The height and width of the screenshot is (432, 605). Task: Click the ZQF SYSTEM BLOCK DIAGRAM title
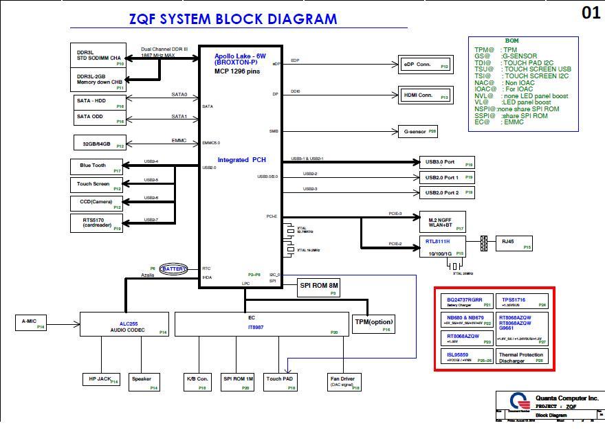click(233, 19)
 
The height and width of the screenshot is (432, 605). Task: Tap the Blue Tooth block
click(97, 166)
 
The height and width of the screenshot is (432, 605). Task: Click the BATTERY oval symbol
click(173, 269)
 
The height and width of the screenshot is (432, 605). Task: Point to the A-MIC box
click(30, 321)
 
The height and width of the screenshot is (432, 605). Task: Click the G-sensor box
click(418, 130)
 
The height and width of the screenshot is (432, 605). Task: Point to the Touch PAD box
click(281, 381)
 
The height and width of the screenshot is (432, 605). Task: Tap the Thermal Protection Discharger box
click(522, 356)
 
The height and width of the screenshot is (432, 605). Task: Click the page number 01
click(591, 12)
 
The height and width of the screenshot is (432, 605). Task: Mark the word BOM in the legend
click(511, 41)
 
